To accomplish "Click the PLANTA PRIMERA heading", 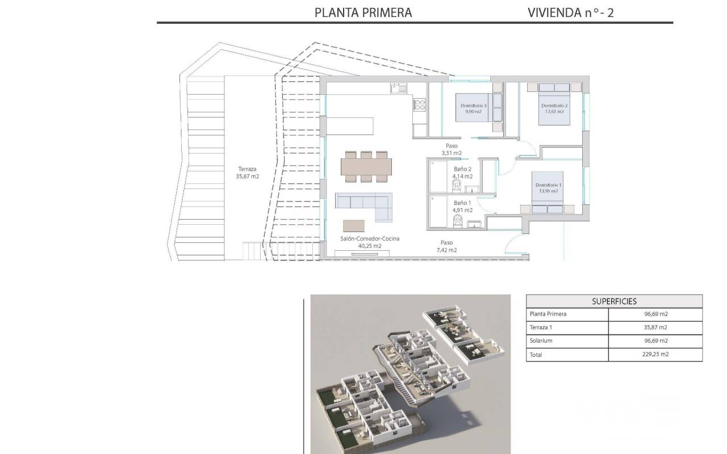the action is (x=363, y=12).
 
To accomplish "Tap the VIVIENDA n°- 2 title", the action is (x=571, y=12).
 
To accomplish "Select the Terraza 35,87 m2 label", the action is (x=247, y=173).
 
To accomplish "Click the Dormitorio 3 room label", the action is (x=474, y=108).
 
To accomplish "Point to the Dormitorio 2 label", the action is (x=554, y=108).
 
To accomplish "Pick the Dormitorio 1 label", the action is (x=549, y=188).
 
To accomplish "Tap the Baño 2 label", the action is (x=462, y=173).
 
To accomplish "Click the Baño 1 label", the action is (x=462, y=206).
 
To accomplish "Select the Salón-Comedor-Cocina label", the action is (x=370, y=242).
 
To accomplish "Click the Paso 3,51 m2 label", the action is (x=452, y=149).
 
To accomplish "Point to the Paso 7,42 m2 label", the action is (x=446, y=246).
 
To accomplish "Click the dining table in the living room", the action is (x=366, y=167).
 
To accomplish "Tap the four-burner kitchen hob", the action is (x=419, y=105).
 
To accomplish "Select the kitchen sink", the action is (x=399, y=88).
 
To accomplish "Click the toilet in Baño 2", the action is (x=457, y=186).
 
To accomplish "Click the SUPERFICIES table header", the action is (x=614, y=301).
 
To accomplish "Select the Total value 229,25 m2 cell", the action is (x=655, y=354).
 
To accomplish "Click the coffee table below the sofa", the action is (x=354, y=226).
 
